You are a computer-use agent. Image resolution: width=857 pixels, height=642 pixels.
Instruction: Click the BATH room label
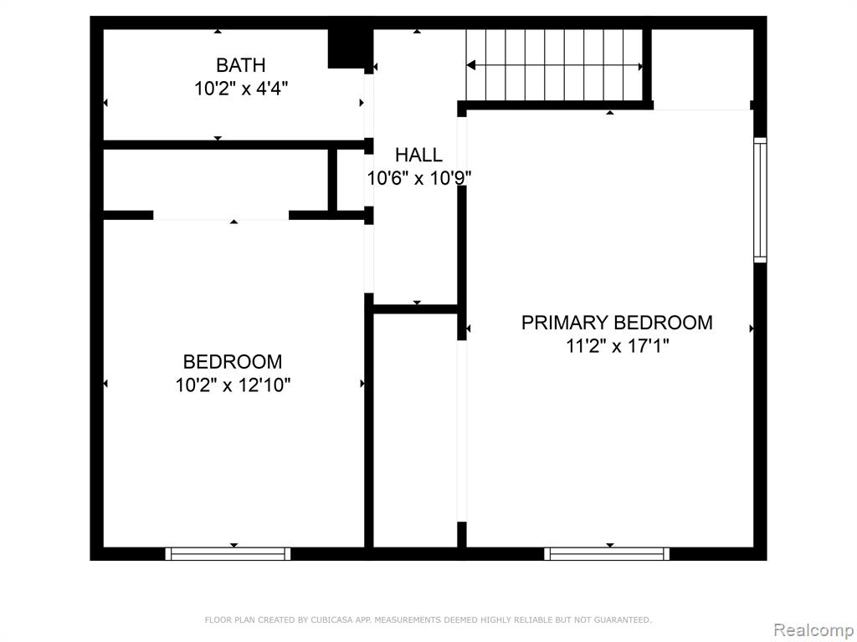tap(241, 65)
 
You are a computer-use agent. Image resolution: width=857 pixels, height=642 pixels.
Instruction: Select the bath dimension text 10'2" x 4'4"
tap(241, 88)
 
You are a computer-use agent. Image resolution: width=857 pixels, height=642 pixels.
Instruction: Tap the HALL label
tap(418, 155)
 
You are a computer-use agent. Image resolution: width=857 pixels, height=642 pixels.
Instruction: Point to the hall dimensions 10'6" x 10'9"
tap(418, 178)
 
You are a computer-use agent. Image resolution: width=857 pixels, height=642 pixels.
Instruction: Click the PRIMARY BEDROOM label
tap(617, 323)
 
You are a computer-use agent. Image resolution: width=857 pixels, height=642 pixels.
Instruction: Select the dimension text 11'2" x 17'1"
tap(618, 346)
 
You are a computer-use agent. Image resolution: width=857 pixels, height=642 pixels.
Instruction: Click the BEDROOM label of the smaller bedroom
tap(233, 362)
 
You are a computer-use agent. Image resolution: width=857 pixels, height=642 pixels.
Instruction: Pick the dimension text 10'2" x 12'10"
tap(233, 385)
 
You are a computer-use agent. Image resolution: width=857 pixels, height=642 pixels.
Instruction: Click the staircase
tap(554, 65)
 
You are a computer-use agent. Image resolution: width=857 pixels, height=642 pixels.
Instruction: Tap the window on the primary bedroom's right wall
tap(760, 200)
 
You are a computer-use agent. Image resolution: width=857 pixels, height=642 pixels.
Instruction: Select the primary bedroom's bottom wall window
tap(607, 553)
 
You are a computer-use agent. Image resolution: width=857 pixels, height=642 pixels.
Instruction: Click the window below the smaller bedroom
tap(228, 553)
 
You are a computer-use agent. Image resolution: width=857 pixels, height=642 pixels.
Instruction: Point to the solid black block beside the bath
tap(347, 49)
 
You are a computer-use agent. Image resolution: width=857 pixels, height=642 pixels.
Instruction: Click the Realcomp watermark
tap(813, 630)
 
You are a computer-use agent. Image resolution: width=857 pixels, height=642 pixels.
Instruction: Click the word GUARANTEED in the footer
tap(622, 619)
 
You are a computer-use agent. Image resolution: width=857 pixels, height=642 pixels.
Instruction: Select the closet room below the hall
tap(415, 431)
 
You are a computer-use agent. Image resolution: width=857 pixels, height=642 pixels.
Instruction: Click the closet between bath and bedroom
tap(216, 181)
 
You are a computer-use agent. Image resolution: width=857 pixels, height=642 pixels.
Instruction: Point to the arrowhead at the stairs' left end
tap(470, 65)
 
